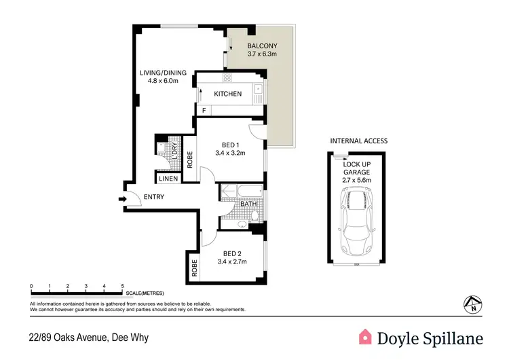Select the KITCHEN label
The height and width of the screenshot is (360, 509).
(x=227, y=94)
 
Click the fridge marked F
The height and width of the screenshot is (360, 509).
(x=203, y=110)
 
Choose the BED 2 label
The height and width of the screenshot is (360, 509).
(x=229, y=256)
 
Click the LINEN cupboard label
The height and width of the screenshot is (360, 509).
(x=168, y=179)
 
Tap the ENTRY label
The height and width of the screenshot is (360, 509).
(x=153, y=197)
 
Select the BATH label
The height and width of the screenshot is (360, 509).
(x=247, y=204)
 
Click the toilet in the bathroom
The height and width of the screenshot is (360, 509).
(x=254, y=216)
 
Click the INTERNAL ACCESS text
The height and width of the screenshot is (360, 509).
(x=358, y=141)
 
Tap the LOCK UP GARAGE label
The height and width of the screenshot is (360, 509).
(x=356, y=173)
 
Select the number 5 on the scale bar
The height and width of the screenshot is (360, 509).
(x=122, y=287)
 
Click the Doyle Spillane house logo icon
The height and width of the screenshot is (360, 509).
(x=366, y=338)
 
